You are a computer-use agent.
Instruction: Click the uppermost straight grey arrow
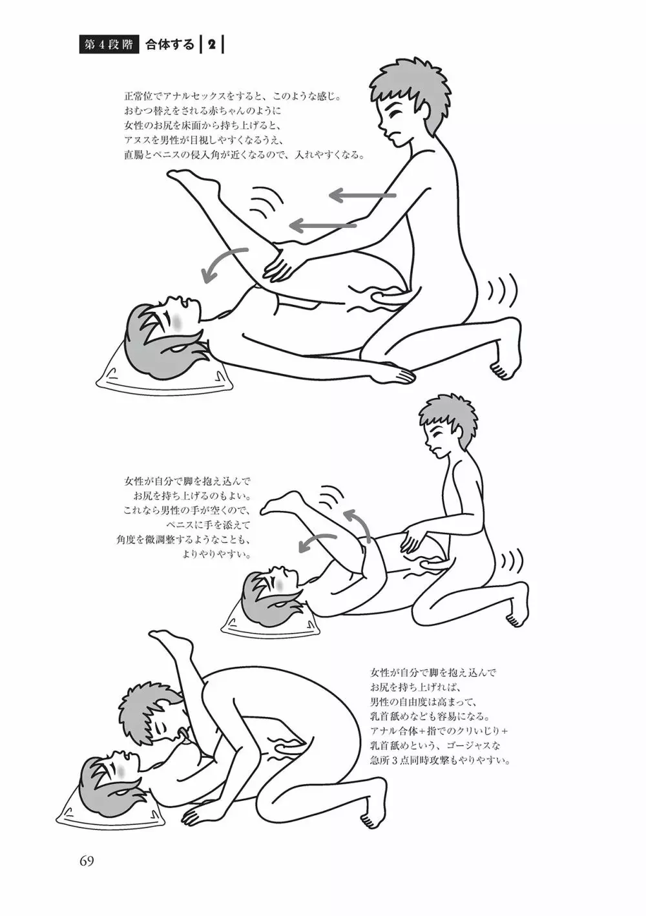(x=362, y=196)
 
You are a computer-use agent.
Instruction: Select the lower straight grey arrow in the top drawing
(x=323, y=225)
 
